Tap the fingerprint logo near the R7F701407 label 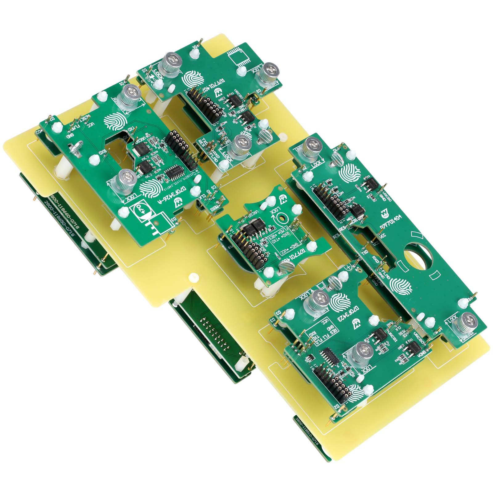tap(192, 79)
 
